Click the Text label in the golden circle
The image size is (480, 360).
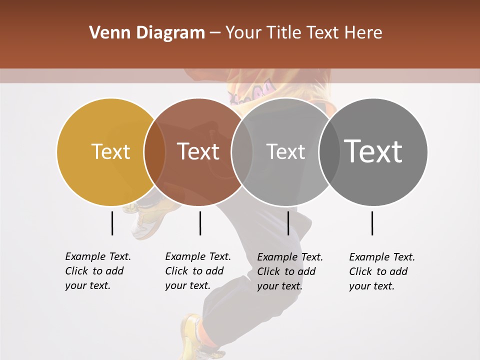(110, 151)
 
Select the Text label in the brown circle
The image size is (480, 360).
(198, 151)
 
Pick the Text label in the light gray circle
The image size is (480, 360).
(285, 151)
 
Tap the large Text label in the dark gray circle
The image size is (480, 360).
(373, 151)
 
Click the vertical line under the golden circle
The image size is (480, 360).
(112, 223)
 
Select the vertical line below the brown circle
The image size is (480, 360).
(200, 223)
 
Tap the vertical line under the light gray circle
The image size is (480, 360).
(288, 223)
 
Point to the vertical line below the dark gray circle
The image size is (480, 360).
(372, 223)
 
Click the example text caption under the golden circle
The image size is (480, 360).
(97, 271)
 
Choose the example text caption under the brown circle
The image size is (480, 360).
(197, 271)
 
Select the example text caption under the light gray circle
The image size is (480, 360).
(289, 271)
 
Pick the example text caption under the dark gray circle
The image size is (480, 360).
(381, 271)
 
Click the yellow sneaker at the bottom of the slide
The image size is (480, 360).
(193, 335)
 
